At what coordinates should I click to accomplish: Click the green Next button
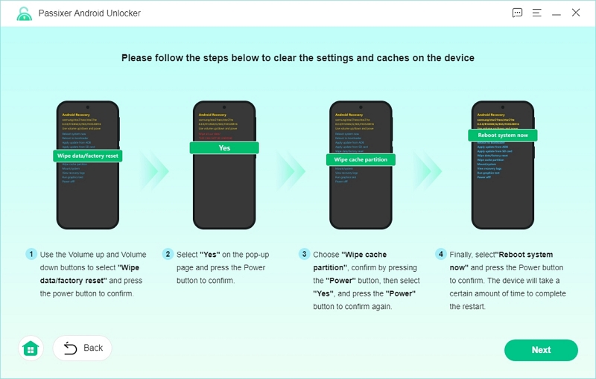click(541, 350)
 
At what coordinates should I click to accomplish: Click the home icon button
click(31, 348)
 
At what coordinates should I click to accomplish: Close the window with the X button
click(576, 13)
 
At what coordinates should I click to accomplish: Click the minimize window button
click(557, 13)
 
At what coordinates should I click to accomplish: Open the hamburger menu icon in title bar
click(537, 13)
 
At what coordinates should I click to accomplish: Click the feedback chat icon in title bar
click(518, 13)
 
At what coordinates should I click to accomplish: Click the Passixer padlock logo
click(25, 13)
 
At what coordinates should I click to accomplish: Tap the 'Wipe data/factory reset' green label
click(88, 156)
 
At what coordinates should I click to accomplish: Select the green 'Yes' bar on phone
click(224, 148)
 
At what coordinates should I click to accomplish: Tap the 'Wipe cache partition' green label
click(361, 159)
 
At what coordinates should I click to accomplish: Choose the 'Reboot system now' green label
click(503, 135)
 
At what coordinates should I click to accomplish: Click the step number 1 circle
click(31, 255)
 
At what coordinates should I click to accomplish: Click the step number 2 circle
click(168, 255)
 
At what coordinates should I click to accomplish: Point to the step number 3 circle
click(304, 255)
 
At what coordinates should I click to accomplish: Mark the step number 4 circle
click(441, 255)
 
